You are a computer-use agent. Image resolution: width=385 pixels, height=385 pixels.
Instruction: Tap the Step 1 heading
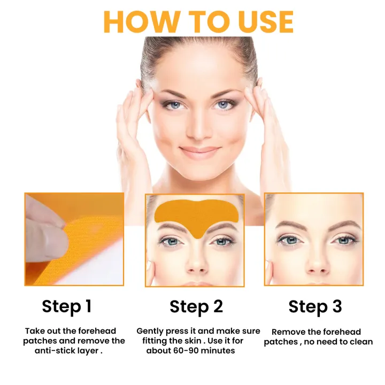click(67, 306)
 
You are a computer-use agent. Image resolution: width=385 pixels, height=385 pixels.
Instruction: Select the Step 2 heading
click(196, 306)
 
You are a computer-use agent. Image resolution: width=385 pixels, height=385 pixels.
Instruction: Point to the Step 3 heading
click(315, 307)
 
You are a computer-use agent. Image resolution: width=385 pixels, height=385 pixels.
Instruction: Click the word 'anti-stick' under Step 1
click(55, 351)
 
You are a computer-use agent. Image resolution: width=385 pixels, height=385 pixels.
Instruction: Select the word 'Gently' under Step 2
click(151, 331)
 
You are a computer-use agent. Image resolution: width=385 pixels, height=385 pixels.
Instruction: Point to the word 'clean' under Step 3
click(361, 342)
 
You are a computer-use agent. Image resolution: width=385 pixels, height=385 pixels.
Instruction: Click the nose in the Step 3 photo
click(314, 262)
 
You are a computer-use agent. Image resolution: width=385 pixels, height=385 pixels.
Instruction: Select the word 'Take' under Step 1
click(35, 331)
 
